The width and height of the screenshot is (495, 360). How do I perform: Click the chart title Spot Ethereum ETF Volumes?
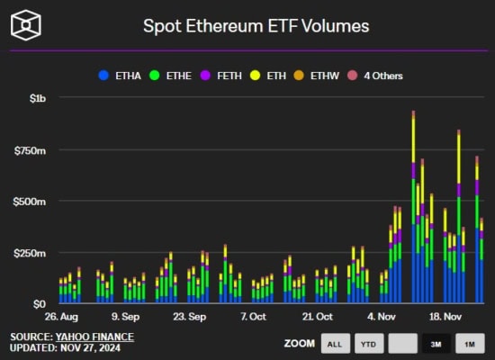click(x=256, y=25)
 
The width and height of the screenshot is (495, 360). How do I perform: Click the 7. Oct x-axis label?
click(x=254, y=317)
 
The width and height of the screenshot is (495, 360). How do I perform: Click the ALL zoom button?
click(x=333, y=344)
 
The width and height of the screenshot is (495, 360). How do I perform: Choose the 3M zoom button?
click(x=434, y=344)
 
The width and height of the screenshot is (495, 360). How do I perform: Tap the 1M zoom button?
click(x=468, y=344)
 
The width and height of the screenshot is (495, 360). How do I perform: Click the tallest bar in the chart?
click(x=413, y=207)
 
